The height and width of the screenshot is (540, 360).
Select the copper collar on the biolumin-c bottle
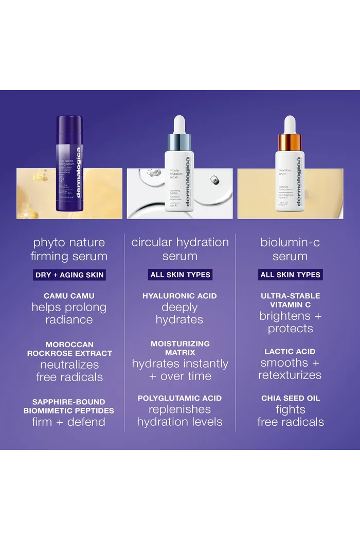click(290, 141)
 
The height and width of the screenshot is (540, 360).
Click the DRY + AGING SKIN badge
click(69, 275)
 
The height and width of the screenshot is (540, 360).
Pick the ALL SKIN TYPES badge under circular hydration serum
click(180, 275)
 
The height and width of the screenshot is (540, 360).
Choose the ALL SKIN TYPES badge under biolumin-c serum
click(291, 275)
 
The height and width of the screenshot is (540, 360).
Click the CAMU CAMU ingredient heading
click(69, 296)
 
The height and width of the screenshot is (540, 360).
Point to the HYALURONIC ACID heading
click(179, 296)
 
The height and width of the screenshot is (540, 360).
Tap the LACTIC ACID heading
click(290, 351)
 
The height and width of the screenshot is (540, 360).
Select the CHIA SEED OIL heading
click(291, 398)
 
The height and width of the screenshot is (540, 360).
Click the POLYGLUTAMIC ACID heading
click(179, 398)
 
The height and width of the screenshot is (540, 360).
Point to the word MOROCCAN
click(69, 344)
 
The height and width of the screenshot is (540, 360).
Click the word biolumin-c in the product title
click(290, 242)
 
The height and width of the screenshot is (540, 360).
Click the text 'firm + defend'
click(68, 422)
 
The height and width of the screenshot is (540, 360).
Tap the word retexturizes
click(290, 375)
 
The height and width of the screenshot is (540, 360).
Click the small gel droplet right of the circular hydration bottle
click(214, 179)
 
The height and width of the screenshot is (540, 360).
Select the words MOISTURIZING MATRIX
click(179, 348)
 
